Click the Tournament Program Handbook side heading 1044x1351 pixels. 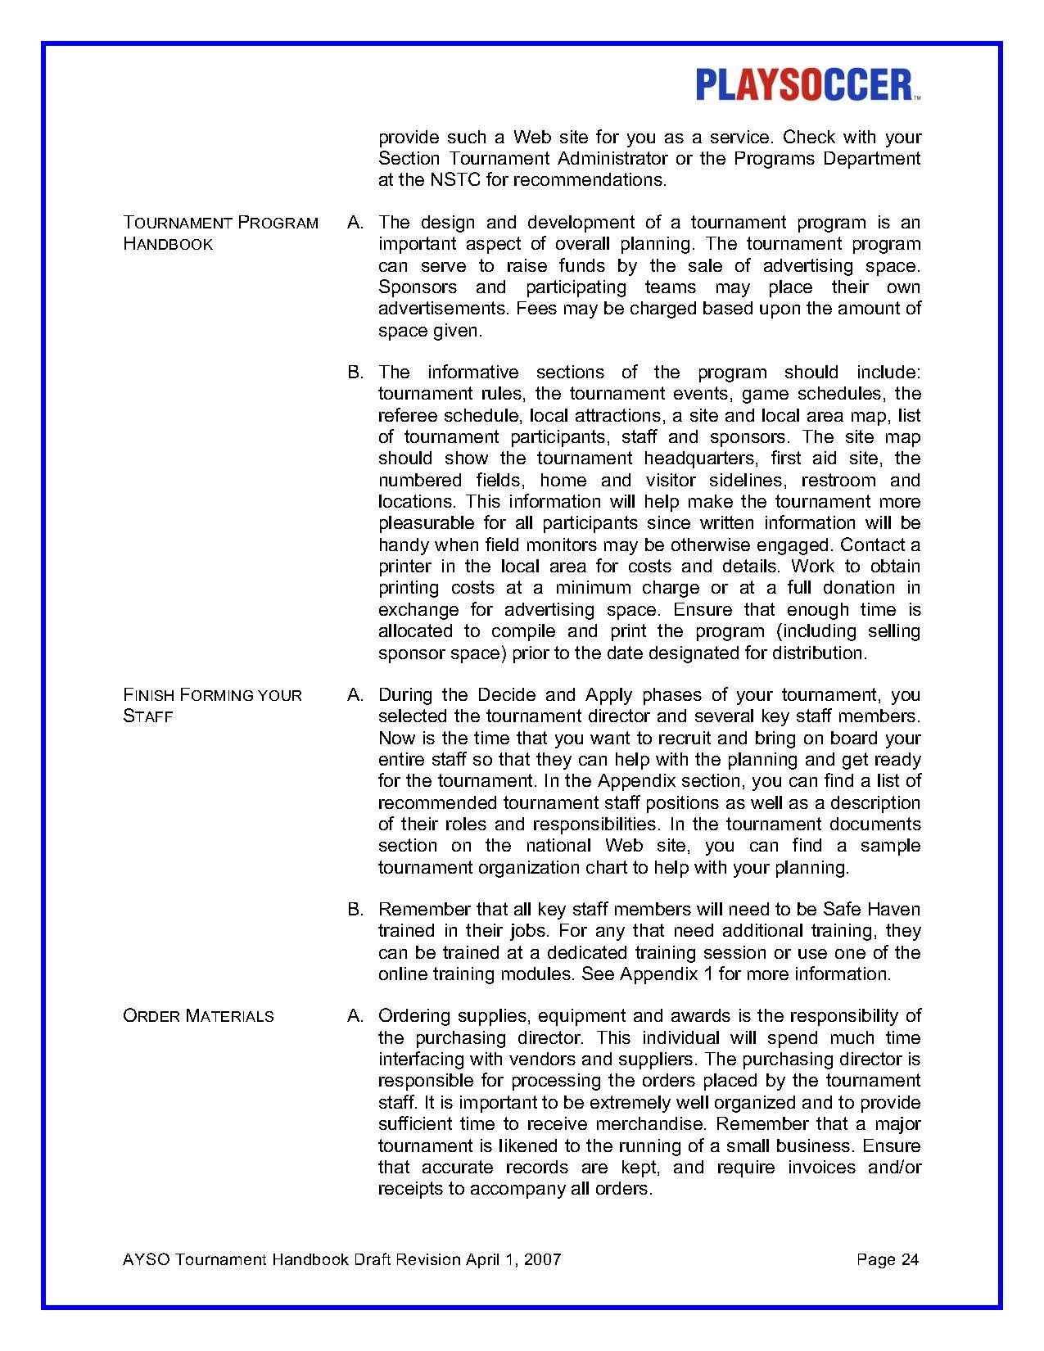(220, 233)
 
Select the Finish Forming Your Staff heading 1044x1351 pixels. (212, 705)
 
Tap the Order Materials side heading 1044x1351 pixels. (198, 1016)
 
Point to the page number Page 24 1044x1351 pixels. (888, 1259)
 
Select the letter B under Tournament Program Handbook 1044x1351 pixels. (355, 373)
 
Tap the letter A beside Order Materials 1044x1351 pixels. (355, 1016)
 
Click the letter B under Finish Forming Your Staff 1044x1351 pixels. (355, 910)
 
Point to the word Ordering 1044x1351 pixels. (414, 1016)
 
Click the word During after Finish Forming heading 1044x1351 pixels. (405, 695)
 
